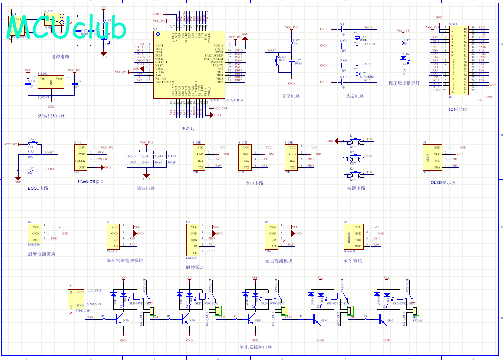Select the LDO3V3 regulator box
[51, 82]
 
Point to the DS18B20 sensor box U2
[36, 233]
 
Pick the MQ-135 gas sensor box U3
[114, 236]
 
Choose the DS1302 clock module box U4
[193, 239]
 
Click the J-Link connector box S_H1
[81, 157]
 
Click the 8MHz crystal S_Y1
[357, 38]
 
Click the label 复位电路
[291, 96]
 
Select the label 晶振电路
[354, 96]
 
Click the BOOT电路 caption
[38, 189]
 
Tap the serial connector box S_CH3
[291, 157]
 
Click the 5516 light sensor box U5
[272, 236]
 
